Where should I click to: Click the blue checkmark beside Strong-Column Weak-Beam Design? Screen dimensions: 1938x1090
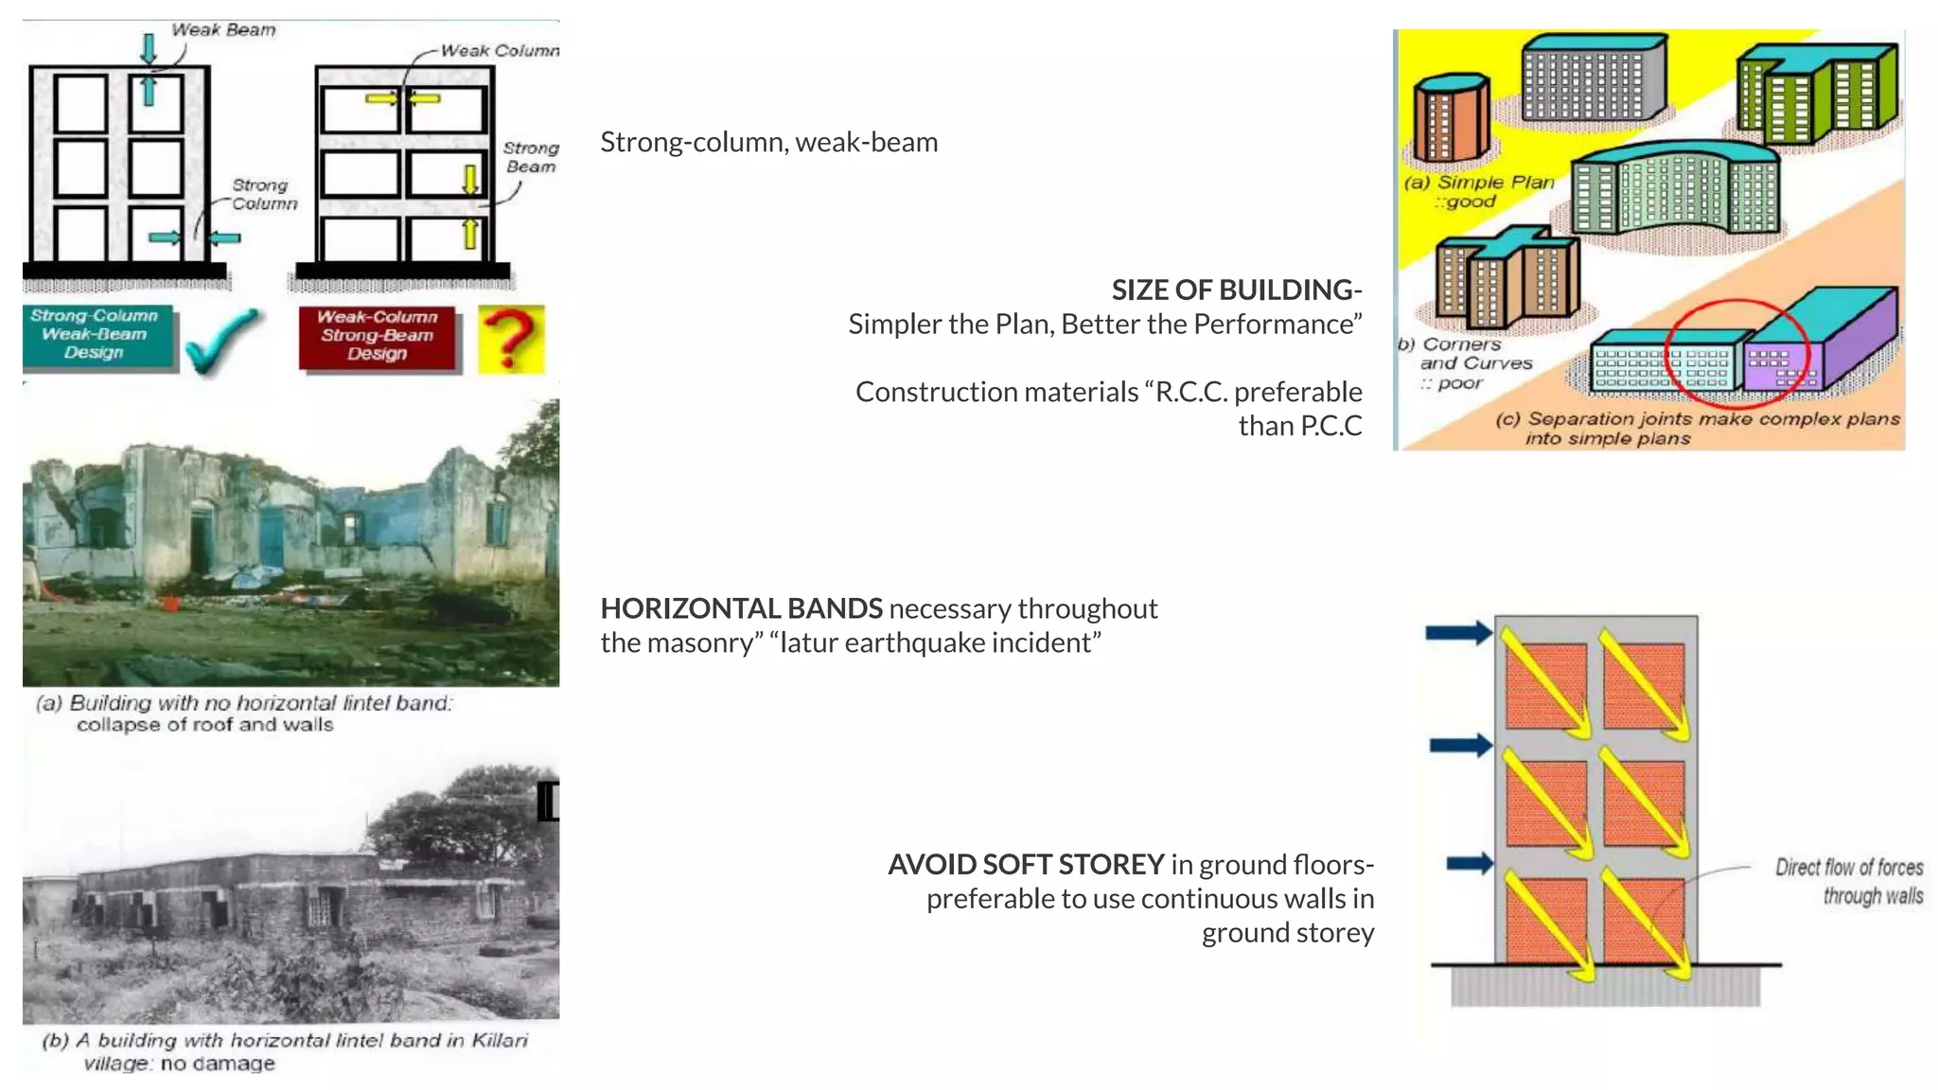coord(220,342)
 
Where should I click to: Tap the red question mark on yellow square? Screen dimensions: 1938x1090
coord(511,338)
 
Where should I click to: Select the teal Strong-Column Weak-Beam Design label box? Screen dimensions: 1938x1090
coord(97,335)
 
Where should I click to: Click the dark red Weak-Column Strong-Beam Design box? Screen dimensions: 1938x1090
coord(378,336)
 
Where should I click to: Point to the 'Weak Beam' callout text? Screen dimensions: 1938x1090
coord(223,30)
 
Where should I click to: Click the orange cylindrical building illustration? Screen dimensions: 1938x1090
coord(1451,118)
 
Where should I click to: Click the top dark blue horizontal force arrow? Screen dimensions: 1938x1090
coord(1458,633)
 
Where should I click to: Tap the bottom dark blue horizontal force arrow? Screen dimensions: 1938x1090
coord(1470,863)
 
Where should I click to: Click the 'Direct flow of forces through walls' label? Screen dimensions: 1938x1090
coord(1849,881)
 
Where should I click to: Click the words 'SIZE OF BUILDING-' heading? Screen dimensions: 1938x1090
coord(1236,290)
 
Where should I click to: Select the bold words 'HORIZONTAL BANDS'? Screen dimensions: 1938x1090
coord(741,608)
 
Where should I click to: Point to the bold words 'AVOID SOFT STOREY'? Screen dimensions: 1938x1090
coord(1025,864)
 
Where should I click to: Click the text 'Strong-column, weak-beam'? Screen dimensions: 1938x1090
coord(768,142)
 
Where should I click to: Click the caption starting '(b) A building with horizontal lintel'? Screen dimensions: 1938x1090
coord(284,1050)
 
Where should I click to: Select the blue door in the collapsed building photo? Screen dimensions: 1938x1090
coord(272,536)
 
